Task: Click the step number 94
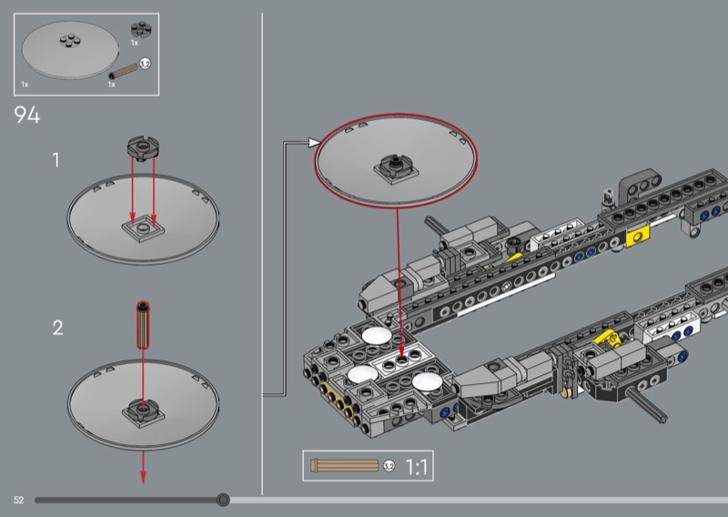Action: [27, 115]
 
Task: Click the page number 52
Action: [18, 501]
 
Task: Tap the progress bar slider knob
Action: [223, 500]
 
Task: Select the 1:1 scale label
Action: [417, 466]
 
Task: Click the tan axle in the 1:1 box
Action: [346, 465]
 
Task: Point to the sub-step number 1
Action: [56, 160]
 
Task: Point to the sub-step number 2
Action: [57, 328]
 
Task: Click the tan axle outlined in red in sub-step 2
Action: [143, 325]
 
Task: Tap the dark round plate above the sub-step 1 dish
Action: [144, 147]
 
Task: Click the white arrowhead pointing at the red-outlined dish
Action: [314, 142]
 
